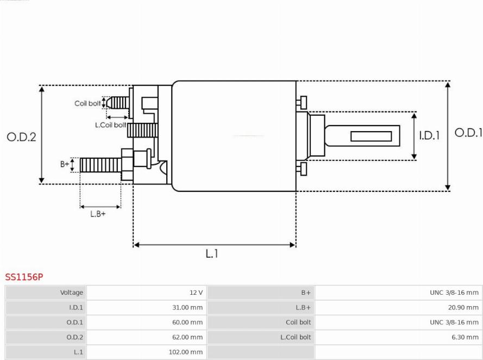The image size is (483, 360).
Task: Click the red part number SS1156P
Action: pyautogui.click(x=24, y=277)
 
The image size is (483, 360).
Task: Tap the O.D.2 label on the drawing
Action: pyautogui.click(x=21, y=137)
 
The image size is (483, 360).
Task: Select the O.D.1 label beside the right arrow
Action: pyautogui.click(x=468, y=133)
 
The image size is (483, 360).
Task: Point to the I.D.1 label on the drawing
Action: pyautogui.click(x=429, y=135)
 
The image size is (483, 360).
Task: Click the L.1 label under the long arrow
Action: pyautogui.click(x=212, y=253)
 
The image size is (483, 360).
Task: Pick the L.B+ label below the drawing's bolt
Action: pyautogui.click(x=98, y=214)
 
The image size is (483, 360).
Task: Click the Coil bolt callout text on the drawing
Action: pyautogui.click(x=87, y=103)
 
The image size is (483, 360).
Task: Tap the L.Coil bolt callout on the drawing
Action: pyautogui.click(x=110, y=125)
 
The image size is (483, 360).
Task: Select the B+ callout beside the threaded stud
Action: pyautogui.click(x=65, y=164)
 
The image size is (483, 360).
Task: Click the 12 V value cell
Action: pyautogui.click(x=196, y=293)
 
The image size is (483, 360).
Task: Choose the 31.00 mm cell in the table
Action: pyautogui.click(x=187, y=307)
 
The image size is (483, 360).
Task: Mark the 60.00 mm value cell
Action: pyautogui.click(x=187, y=322)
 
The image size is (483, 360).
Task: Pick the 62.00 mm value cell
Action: pyautogui.click(x=187, y=337)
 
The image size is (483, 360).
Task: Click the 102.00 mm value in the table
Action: pyautogui.click(x=185, y=352)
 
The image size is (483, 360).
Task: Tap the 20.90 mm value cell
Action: pyautogui.click(x=463, y=307)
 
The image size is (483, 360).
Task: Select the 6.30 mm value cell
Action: pyautogui.click(x=465, y=337)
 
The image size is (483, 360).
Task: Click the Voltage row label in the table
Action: pyautogui.click(x=72, y=293)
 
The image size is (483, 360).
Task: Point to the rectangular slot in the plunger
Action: pyautogui.click(x=371, y=136)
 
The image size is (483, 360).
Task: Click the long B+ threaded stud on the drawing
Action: pyautogui.click(x=101, y=165)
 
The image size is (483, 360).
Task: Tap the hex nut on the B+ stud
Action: pyautogui.click(x=127, y=165)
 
